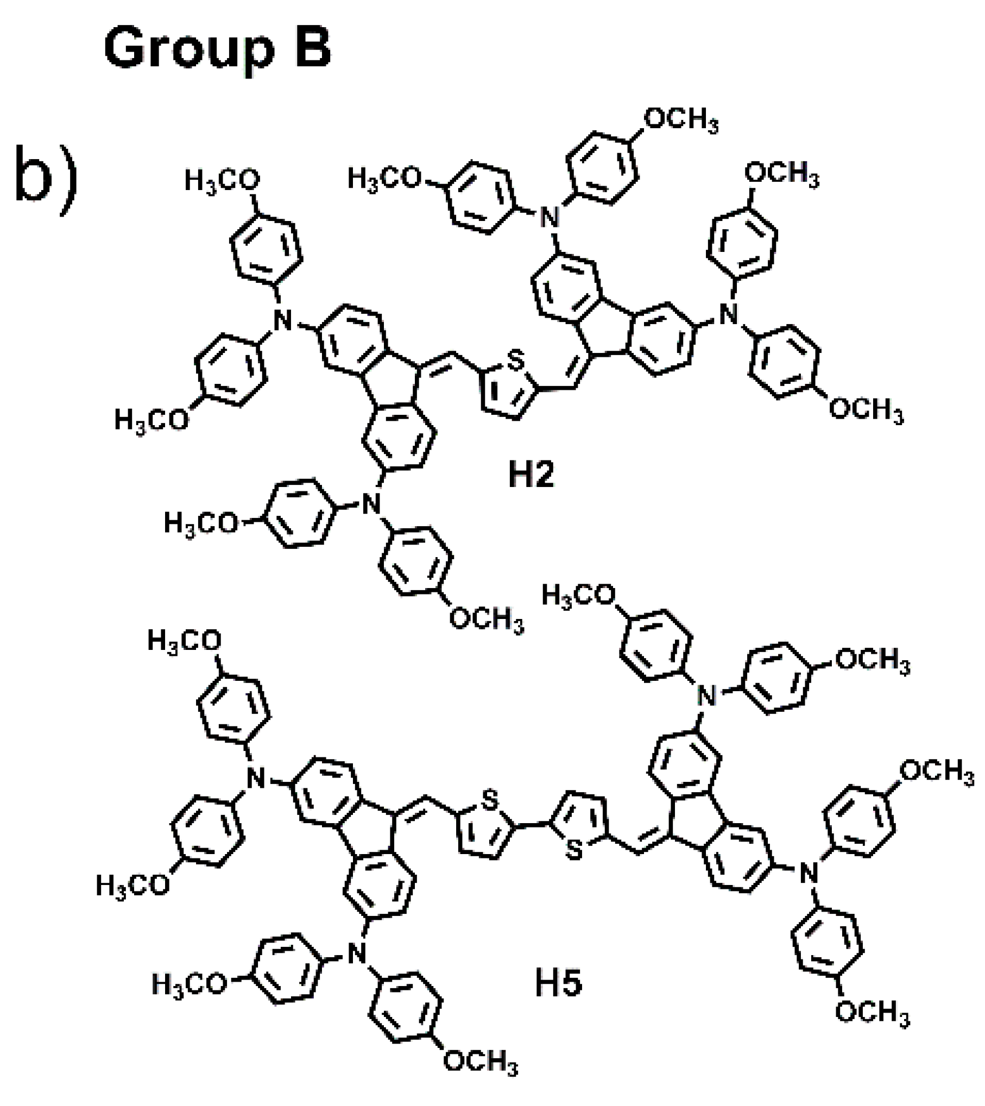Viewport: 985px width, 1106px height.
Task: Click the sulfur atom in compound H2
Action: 516,360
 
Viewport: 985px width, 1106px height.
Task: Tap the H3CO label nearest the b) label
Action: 222,180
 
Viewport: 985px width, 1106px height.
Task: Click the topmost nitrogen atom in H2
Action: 550,218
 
